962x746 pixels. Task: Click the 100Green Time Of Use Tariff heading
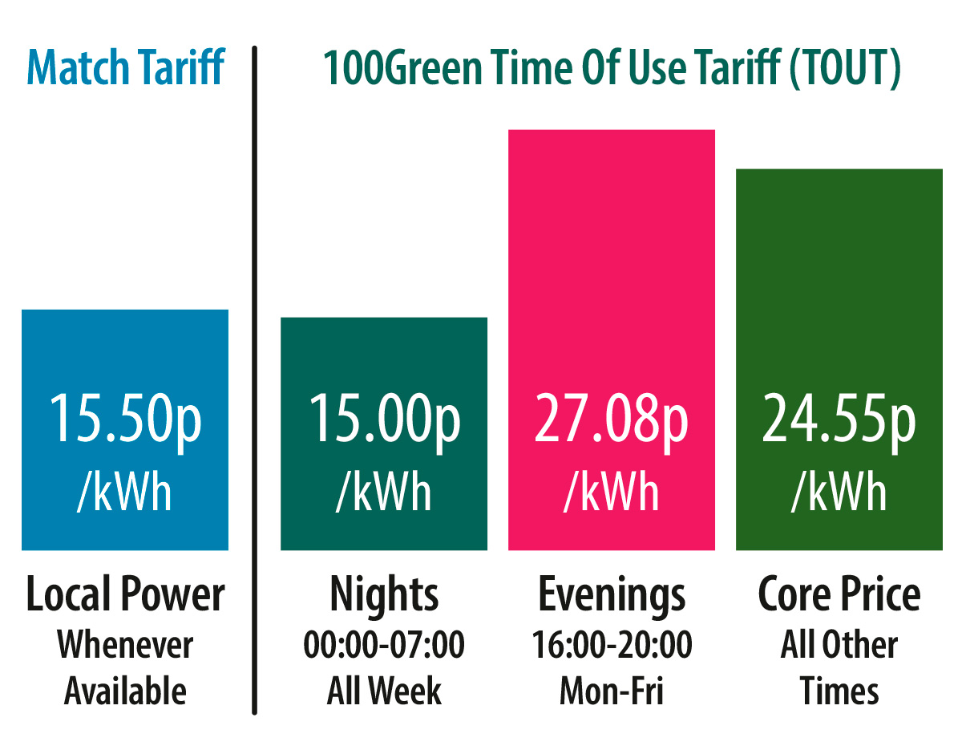coord(612,68)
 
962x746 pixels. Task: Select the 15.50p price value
coord(125,419)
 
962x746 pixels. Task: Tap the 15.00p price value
coord(384,419)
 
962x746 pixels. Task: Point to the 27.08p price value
coord(612,419)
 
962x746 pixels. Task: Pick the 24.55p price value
coord(839,419)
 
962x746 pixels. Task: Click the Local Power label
coord(125,595)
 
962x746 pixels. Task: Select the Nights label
coord(384,595)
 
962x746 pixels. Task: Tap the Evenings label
coord(612,595)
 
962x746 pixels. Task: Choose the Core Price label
coord(839,595)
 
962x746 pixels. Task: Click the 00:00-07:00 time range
coord(384,645)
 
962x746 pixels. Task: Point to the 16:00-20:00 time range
coord(612,645)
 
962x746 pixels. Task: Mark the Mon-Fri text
coord(612,691)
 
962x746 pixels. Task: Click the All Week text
coord(384,691)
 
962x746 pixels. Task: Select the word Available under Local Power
coord(125,691)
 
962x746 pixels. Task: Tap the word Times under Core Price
coord(839,691)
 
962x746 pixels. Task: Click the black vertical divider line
coord(254,377)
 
